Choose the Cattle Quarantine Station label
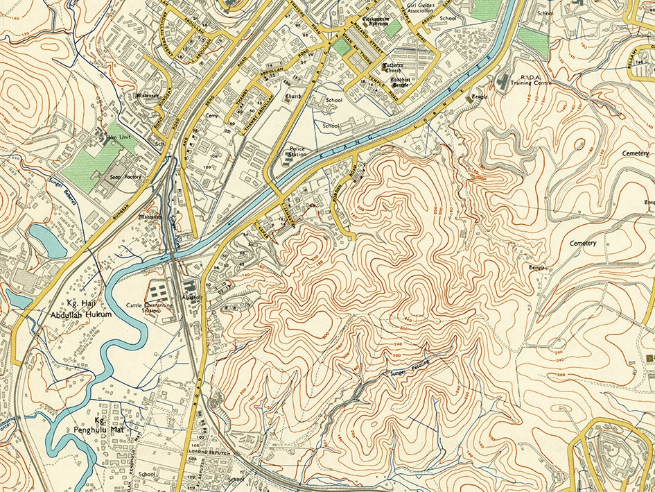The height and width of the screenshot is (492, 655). pos(143,307)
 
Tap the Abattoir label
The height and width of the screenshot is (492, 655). pos(192,296)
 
